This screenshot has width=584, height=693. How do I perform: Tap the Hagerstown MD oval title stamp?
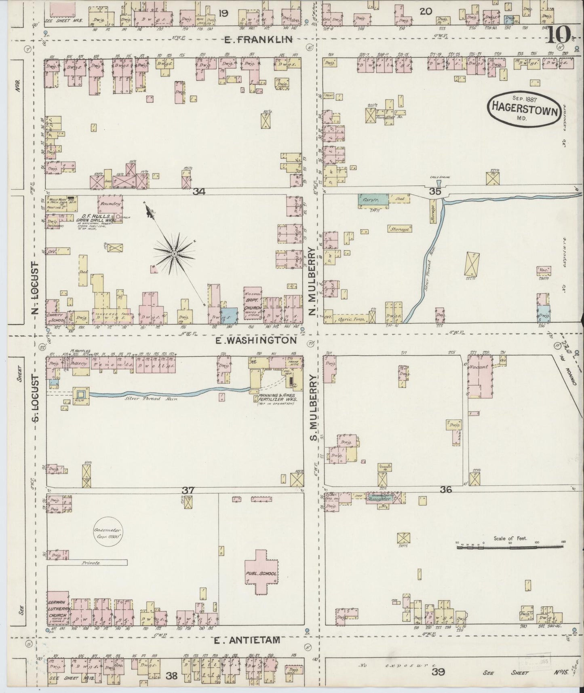(x=524, y=107)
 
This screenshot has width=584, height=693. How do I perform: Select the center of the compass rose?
(x=174, y=254)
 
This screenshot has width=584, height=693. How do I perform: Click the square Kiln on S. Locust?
(x=80, y=393)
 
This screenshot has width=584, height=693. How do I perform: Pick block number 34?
(x=199, y=192)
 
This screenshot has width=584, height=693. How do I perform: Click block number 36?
(x=446, y=489)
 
